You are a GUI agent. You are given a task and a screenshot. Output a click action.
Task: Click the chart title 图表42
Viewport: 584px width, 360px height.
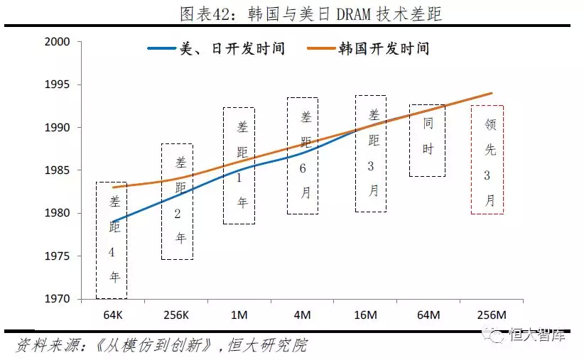point(292,13)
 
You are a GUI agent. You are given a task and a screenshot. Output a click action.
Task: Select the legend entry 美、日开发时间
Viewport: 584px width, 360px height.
point(217,48)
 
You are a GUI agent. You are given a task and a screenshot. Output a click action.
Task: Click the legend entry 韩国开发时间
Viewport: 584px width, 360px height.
point(369,48)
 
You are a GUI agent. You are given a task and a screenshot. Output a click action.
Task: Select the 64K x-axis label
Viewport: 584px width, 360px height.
point(112,313)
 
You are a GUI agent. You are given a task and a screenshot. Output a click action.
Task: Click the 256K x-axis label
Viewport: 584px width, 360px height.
point(176,313)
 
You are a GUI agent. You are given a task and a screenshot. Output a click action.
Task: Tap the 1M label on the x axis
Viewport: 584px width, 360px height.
point(239,313)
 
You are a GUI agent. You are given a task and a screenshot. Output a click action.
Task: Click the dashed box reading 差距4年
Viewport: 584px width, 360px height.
point(112,240)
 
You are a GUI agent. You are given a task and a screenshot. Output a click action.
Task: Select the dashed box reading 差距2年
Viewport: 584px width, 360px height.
point(177,202)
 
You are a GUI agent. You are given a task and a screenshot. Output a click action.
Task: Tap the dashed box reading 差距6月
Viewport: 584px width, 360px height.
point(303,156)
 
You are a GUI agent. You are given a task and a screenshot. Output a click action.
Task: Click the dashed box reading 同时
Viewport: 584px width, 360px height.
point(428,141)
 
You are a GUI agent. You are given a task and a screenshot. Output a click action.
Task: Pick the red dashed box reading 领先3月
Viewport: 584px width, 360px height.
point(487,160)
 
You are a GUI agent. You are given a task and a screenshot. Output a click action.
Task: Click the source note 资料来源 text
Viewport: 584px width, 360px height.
point(161,346)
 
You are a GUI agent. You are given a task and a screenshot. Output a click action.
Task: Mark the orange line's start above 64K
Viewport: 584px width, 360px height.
point(114,187)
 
